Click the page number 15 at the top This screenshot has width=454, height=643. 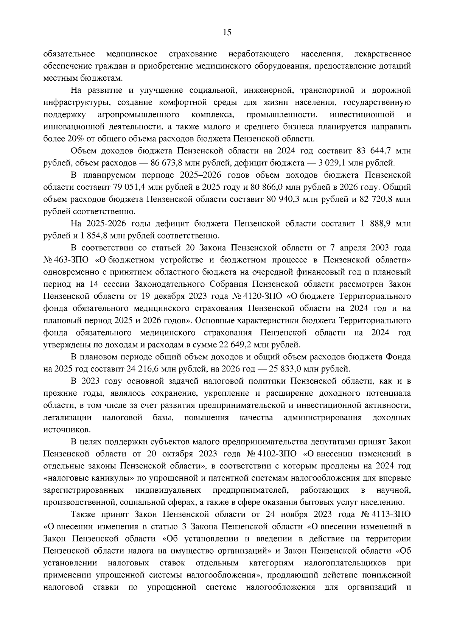click(227, 33)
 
